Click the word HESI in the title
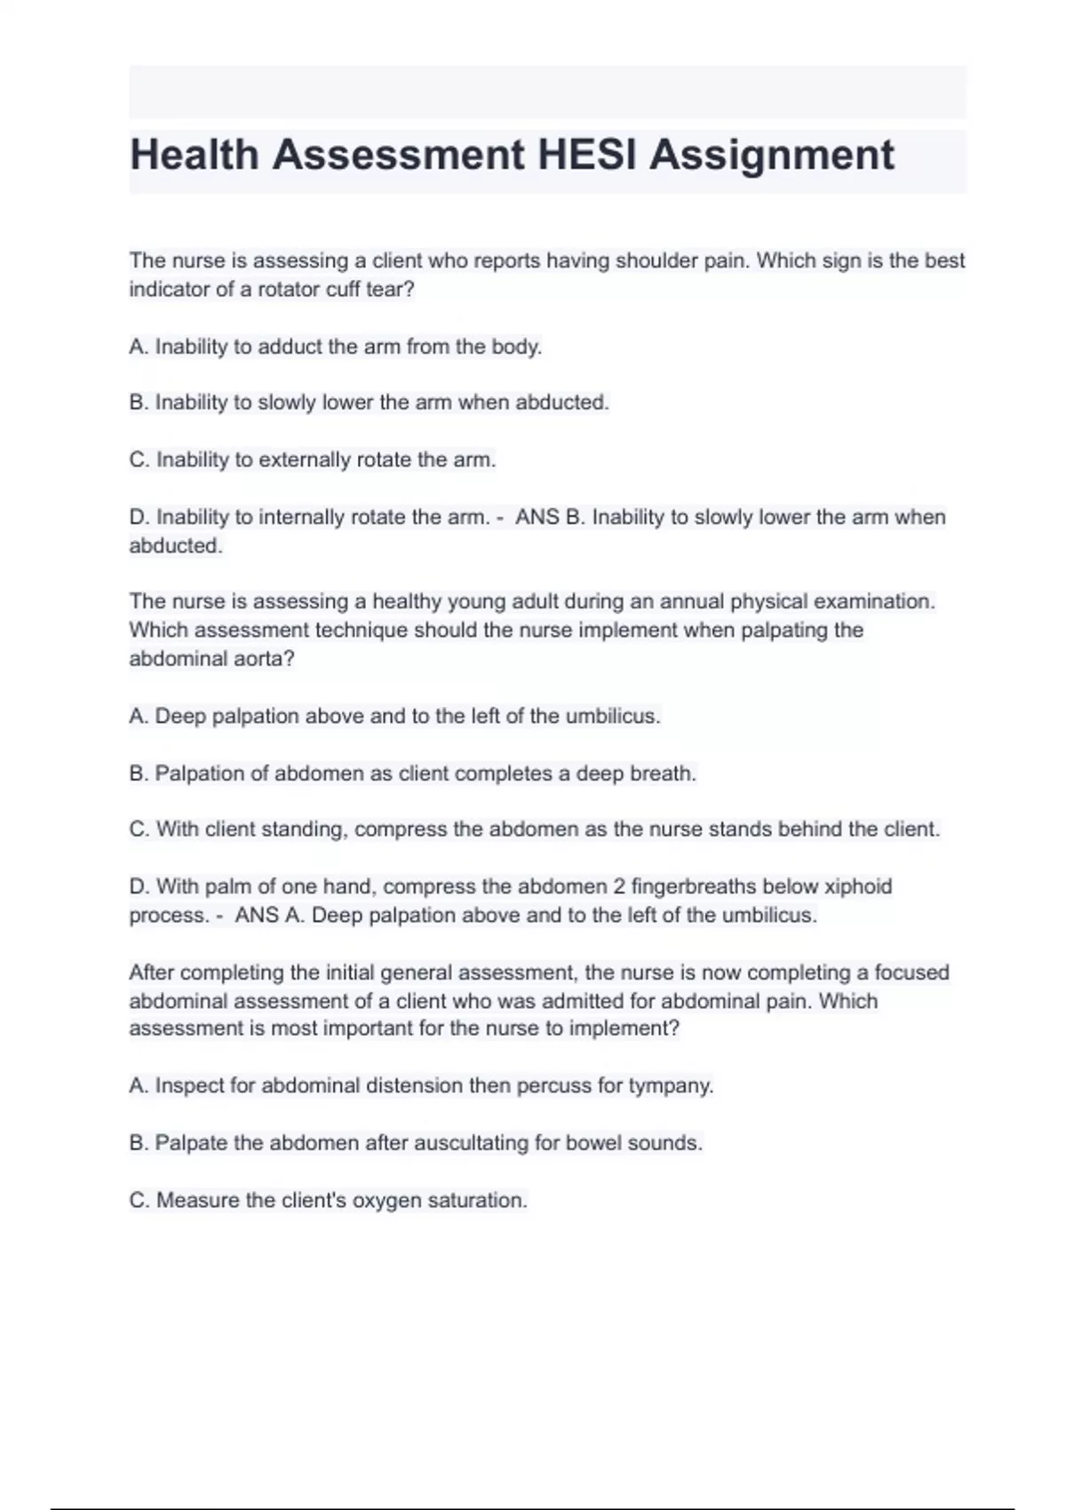(587, 155)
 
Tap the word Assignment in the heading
(772, 155)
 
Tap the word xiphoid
(858, 886)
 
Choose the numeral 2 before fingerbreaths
(619, 886)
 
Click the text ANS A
(269, 915)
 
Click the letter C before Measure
(138, 1200)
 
